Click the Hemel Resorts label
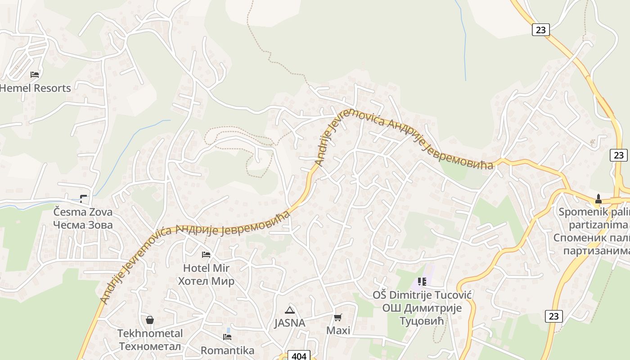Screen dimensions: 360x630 pyautogui.click(x=36, y=88)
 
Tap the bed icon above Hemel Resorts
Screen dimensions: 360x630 pyautogui.click(x=35, y=74)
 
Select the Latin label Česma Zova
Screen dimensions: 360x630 pyautogui.click(x=83, y=212)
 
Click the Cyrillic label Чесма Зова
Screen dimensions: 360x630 pyautogui.click(x=83, y=225)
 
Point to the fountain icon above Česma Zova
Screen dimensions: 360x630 pyautogui.click(x=83, y=198)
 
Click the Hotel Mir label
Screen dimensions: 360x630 pyautogui.click(x=206, y=268)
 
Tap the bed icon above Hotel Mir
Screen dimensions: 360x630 pyautogui.click(x=206, y=255)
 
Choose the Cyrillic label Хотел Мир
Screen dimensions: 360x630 pyautogui.click(x=206, y=282)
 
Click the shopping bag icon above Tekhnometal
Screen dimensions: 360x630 pyautogui.click(x=150, y=320)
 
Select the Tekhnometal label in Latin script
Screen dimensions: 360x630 pyautogui.click(x=150, y=333)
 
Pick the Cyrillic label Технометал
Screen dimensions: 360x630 pyautogui.click(x=150, y=346)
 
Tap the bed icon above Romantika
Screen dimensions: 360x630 pyautogui.click(x=227, y=337)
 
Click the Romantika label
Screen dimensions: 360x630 pyautogui.click(x=227, y=350)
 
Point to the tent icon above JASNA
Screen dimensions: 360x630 pyautogui.click(x=290, y=310)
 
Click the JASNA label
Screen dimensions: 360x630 pyautogui.click(x=290, y=323)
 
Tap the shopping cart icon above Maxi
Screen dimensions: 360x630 pyautogui.click(x=338, y=317)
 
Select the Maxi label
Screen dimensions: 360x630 pyautogui.click(x=338, y=331)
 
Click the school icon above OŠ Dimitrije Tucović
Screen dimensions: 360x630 pyautogui.click(x=422, y=282)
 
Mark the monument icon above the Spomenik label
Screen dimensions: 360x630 pyautogui.click(x=598, y=198)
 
